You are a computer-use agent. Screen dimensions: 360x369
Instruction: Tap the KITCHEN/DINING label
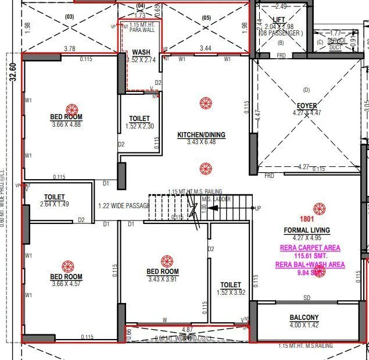click(201, 135)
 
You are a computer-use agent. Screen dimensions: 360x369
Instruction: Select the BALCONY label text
click(304, 318)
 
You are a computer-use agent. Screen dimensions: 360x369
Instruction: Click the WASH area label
click(141, 52)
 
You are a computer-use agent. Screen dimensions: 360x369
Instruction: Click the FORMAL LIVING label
click(306, 230)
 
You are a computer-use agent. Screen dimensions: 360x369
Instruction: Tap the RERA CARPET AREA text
click(310, 248)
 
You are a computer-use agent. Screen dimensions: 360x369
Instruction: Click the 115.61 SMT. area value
click(310, 256)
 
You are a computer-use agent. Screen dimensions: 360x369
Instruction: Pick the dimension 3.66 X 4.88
click(66, 124)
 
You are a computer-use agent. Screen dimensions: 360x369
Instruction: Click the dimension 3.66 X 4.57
click(66, 284)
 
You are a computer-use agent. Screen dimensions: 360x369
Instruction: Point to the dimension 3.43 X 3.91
click(162, 279)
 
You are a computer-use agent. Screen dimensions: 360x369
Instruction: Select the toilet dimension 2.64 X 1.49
click(54, 205)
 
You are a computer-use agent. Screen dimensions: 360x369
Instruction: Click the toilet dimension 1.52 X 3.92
click(231, 292)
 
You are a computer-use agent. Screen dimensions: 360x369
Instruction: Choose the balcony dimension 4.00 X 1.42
click(304, 325)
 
